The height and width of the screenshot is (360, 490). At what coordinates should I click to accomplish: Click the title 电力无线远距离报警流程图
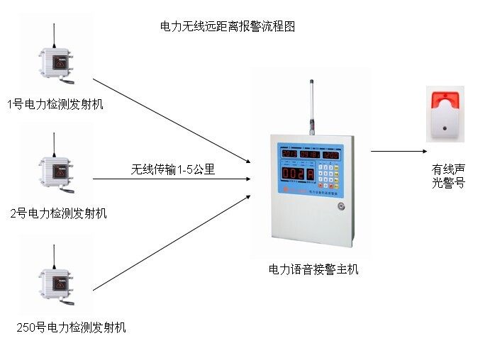(227, 27)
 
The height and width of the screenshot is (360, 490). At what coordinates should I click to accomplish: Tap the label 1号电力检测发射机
(55, 104)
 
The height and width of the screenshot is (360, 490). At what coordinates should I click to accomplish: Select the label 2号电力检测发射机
(59, 213)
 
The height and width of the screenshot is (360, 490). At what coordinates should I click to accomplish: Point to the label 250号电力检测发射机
(71, 327)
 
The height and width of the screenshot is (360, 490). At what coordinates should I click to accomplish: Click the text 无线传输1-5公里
(172, 169)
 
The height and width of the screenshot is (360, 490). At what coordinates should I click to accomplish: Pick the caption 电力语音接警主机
(313, 269)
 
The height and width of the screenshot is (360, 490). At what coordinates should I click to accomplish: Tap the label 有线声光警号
(448, 176)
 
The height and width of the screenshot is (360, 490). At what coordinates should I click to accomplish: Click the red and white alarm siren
(445, 114)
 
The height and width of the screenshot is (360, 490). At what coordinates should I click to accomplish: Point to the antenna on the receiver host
(311, 106)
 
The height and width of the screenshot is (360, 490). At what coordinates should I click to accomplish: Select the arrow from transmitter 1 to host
(170, 120)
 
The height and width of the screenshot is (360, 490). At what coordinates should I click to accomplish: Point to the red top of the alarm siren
(445, 99)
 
